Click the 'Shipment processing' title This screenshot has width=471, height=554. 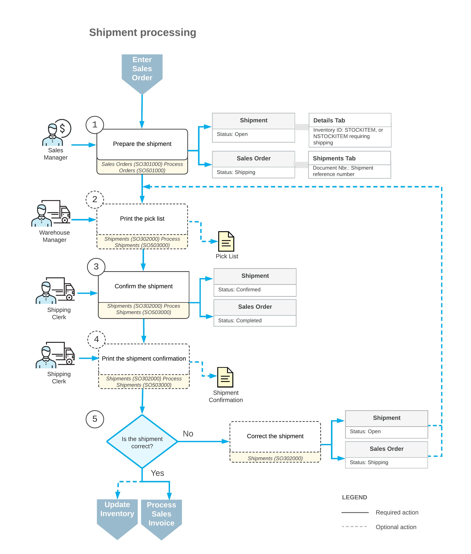143,33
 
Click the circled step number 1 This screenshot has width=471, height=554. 94,125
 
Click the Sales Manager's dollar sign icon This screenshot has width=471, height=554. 62,128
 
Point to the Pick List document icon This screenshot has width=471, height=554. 226,241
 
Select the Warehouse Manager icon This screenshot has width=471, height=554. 51,214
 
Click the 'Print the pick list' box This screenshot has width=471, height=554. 142,219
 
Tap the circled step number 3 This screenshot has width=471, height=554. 96,267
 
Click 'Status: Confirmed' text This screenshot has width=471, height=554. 239,290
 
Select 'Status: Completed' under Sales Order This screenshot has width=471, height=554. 240,321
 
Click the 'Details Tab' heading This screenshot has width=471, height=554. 329,120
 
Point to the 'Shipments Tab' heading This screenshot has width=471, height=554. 334,158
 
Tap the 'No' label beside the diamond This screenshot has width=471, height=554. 188,434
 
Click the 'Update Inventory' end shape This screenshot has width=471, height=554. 117,514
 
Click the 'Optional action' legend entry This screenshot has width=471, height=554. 396,527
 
